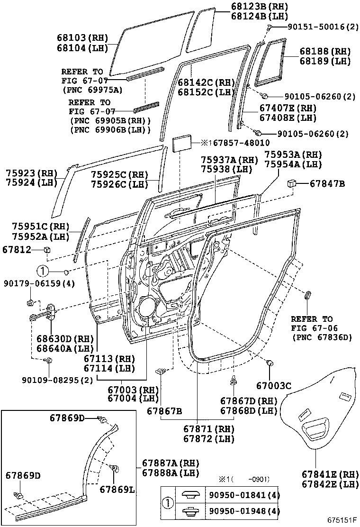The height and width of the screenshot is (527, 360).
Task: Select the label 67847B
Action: pos(328,183)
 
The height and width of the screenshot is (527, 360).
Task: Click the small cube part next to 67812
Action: pos(46,249)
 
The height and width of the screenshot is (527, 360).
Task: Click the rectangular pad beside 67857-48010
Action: pos(182,143)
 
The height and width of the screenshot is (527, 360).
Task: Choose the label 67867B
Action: pos(164,410)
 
